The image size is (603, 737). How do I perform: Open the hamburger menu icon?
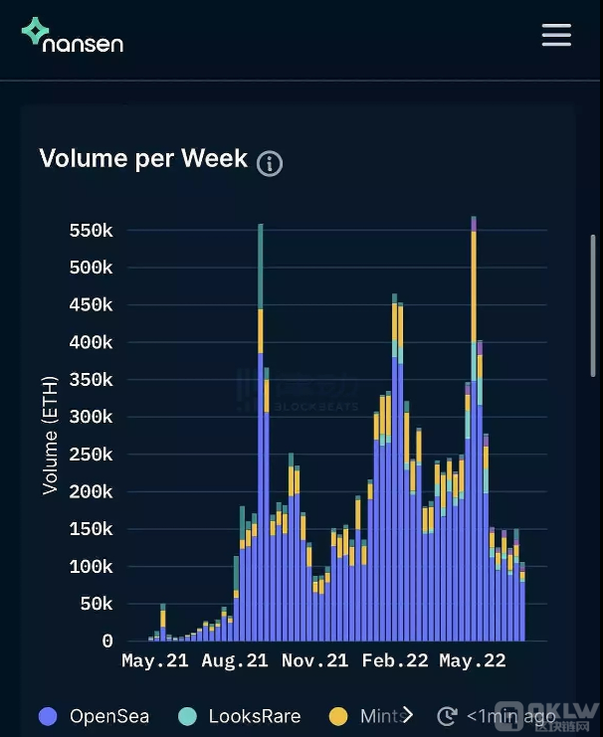click(x=556, y=35)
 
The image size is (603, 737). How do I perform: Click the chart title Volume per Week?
click(x=143, y=158)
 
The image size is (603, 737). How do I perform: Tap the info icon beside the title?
click(x=270, y=163)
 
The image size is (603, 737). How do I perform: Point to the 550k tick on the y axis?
click(x=91, y=230)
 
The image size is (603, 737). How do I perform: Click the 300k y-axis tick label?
click(x=91, y=417)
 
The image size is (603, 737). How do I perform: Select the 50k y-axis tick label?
click(x=96, y=604)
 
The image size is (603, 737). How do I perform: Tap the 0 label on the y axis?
click(x=106, y=642)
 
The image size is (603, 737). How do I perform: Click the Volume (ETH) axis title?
click(x=50, y=435)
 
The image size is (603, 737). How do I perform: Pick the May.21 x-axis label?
click(x=154, y=661)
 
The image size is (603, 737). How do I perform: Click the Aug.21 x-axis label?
click(x=235, y=661)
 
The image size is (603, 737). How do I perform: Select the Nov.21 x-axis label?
click(x=314, y=661)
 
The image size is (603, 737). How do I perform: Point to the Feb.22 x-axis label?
click(x=395, y=661)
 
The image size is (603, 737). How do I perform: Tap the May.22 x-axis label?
click(x=473, y=661)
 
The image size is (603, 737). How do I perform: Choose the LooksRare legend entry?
click(x=239, y=715)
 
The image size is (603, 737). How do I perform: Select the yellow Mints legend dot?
click(x=339, y=715)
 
